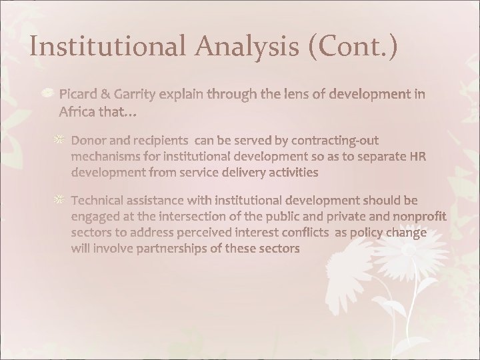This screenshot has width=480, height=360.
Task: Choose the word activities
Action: [x=288, y=172]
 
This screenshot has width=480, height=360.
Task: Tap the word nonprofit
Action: [x=414, y=215]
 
